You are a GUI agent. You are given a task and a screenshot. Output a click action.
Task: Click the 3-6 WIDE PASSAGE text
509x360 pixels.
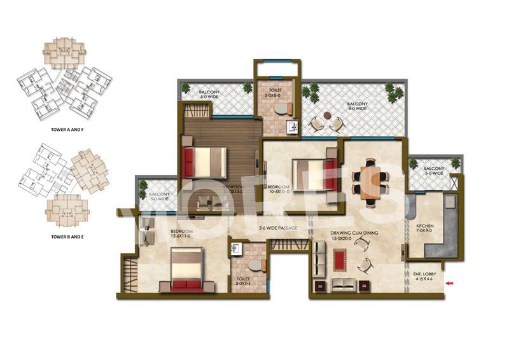pos(279,228)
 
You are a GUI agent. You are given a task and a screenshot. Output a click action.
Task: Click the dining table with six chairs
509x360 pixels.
pos(370,180)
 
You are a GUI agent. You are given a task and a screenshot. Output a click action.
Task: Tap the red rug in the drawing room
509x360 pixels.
pos(339,260)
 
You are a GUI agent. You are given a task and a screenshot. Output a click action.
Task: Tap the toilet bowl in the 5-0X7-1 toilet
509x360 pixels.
pos(255,264)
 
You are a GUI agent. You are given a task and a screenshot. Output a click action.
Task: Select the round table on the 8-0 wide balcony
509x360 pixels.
pos(327,116)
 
